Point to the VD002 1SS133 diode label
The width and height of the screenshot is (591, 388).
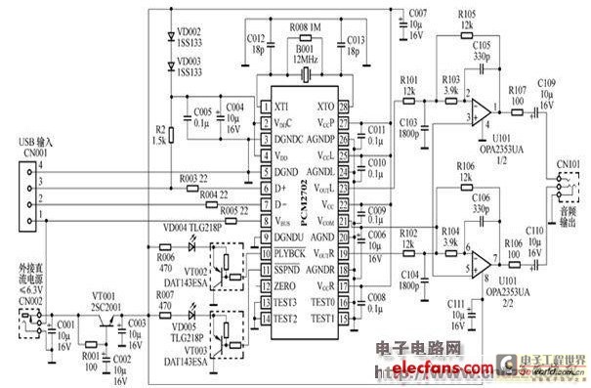(192, 36)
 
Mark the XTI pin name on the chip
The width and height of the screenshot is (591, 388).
(281, 106)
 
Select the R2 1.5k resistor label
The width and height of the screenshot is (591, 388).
(159, 135)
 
